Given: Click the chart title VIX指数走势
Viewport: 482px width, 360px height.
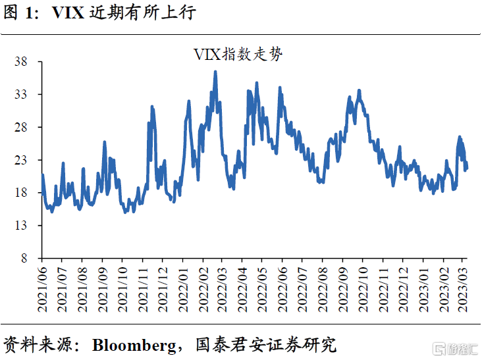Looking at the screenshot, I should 238,54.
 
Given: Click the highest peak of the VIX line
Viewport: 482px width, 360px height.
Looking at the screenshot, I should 215,72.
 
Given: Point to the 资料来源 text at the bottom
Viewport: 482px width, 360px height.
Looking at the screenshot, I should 36,344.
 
